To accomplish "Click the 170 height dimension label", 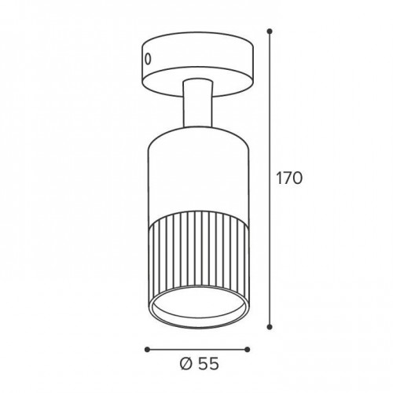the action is coord(289,178).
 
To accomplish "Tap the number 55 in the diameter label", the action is coord(208,364).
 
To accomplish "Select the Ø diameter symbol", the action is coord(186,364).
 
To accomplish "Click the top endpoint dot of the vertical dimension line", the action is coord(270,31).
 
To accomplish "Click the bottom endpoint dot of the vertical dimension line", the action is coord(270,327).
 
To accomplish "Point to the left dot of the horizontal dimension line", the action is coord(147,349).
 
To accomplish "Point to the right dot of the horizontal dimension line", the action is coord(248,349).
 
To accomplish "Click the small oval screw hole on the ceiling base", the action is coord(148,59).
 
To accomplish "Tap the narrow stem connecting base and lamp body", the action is coord(198,104).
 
